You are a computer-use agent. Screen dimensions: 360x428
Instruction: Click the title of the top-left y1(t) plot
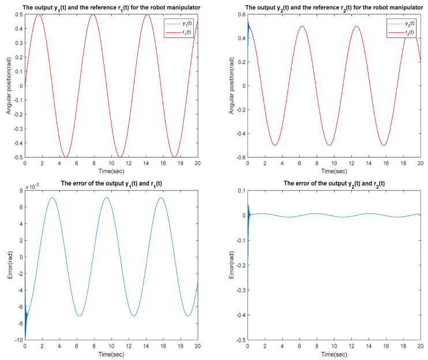click(x=111, y=7)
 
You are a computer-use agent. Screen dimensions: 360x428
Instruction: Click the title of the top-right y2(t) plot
click(x=333, y=7)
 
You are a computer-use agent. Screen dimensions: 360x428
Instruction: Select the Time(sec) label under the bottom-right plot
click(x=333, y=354)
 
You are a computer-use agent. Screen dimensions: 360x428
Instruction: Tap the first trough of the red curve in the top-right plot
click(x=275, y=145)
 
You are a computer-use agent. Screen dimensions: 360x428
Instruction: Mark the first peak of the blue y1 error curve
click(x=52, y=198)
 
